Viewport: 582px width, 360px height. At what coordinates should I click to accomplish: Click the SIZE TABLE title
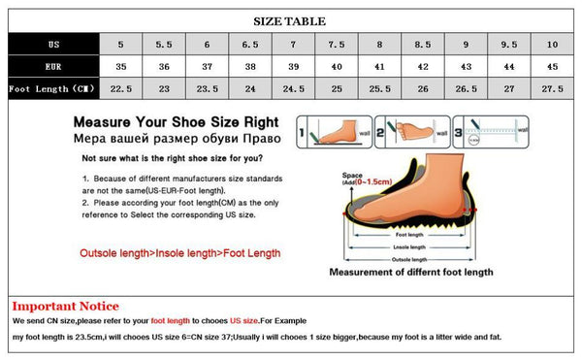(x=290, y=20)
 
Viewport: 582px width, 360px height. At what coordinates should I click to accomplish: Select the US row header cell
(x=53, y=45)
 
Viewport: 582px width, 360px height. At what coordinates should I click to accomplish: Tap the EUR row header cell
(x=53, y=67)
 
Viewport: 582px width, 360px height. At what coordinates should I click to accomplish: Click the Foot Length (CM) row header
(x=53, y=88)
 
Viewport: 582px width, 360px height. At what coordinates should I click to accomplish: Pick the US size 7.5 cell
(x=337, y=45)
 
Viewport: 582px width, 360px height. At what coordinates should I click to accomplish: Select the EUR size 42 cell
(x=423, y=67)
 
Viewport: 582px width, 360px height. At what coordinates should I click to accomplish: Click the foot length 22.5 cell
(x=121, y=88)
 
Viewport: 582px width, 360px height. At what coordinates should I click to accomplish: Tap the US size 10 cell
(x=552, y=45)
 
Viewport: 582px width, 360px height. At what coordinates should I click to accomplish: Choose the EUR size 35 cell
(x=121, y=67)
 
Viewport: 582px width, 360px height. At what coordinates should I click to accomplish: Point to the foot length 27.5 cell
(x=552, y=88)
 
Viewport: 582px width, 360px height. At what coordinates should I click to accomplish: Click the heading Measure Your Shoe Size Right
(x=175, y=123)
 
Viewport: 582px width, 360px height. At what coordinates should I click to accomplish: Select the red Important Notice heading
(x=65, y=306)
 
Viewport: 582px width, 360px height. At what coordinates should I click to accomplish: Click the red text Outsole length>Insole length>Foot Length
(x=179, y=253)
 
